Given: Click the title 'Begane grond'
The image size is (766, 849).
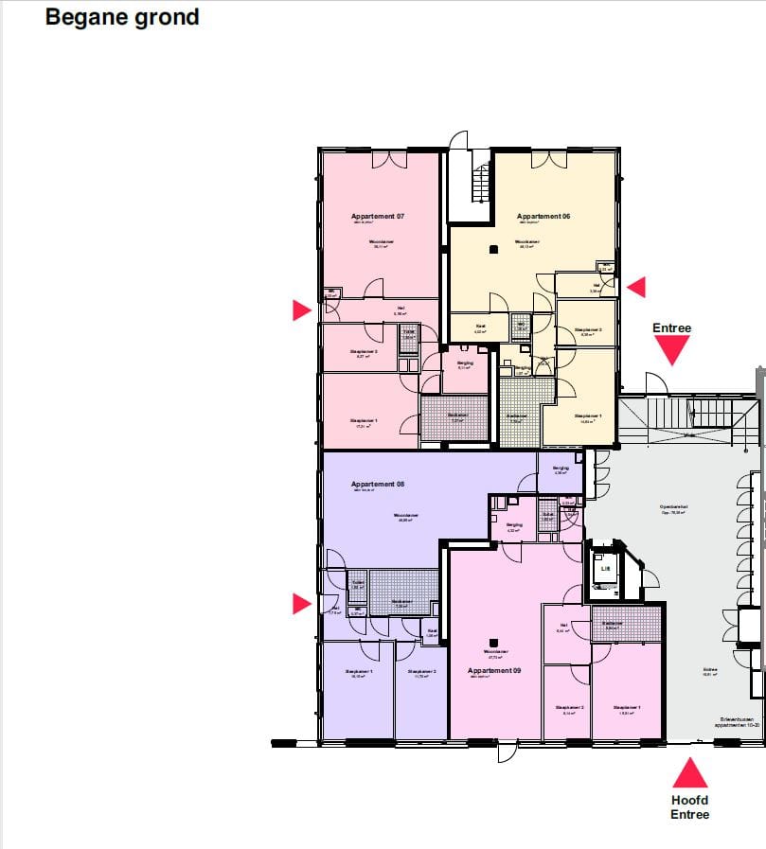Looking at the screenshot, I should tap(122, 17).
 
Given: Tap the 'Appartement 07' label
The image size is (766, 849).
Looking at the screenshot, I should tap(378, 217).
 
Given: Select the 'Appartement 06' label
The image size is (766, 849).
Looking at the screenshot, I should tap(543, 217).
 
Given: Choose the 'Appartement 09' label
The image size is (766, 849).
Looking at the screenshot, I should tap(494, 671).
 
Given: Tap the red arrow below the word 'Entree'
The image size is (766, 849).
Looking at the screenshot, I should tap(672, 351).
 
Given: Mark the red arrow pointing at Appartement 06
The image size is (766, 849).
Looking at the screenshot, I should tap(637, 286).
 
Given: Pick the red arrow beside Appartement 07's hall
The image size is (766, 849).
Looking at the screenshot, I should tap(302, 310).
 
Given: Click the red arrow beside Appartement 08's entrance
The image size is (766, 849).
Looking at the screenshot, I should tap(302, 604).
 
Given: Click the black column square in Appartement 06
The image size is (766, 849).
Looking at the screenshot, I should tap(493, 250).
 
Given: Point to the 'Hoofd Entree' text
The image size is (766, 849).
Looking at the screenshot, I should tap(689, 807).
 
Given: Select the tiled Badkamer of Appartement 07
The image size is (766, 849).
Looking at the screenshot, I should tap(454, 417).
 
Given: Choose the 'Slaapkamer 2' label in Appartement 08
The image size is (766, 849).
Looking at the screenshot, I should tap(422, 672).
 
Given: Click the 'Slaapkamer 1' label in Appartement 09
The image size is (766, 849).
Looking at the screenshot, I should tap(626, 708).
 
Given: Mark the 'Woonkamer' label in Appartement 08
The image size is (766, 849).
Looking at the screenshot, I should tap(408, 516).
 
